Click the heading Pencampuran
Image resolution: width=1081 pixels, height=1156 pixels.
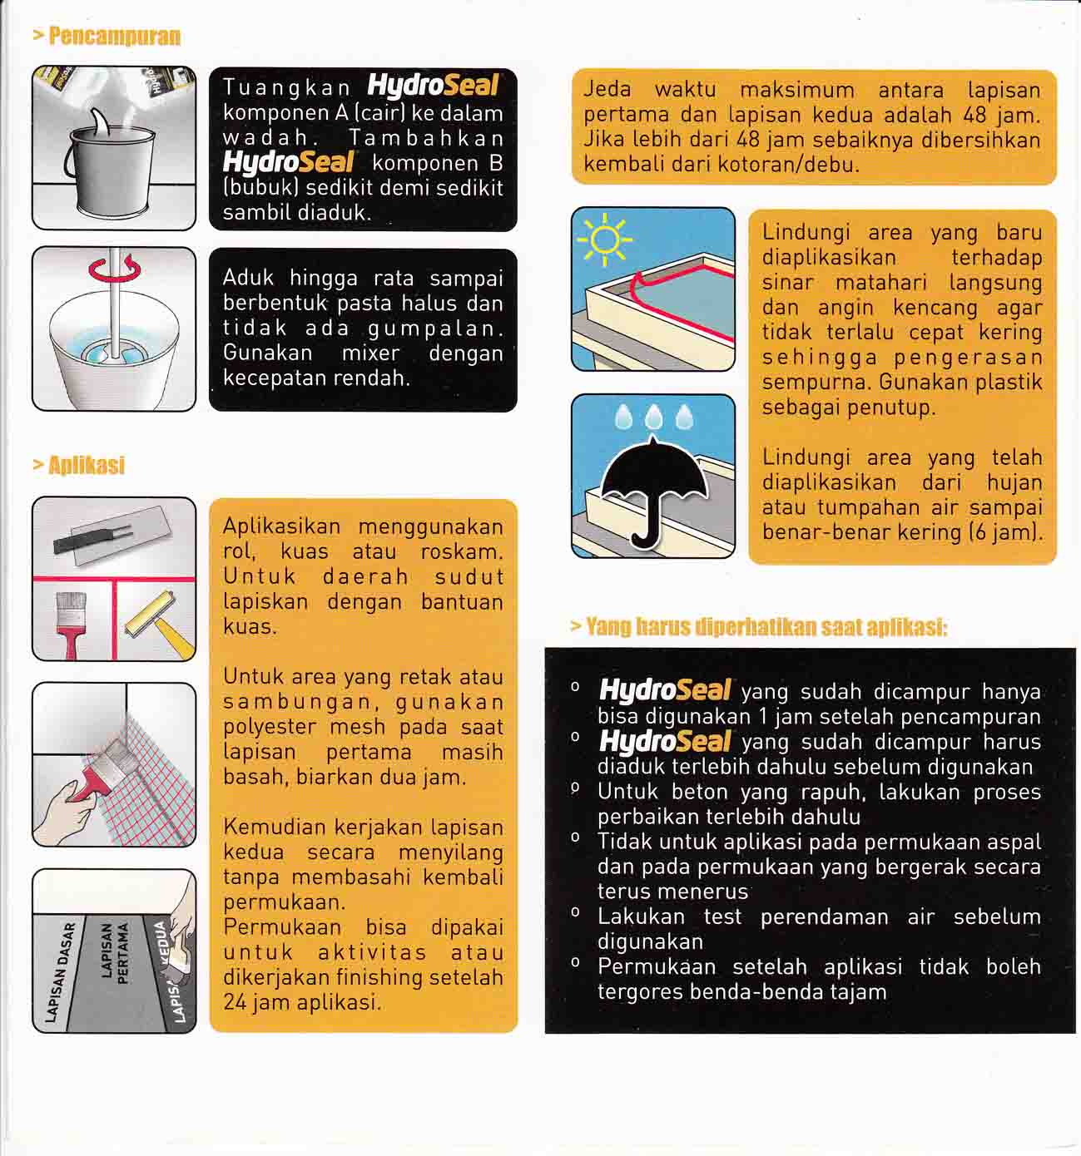tap(107, 36)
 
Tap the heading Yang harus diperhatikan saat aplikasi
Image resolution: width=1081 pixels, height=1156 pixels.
tap(759, 627)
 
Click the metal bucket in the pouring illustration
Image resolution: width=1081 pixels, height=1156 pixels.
tap(109, 170)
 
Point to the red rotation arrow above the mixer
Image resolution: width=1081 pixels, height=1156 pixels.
tap(114, 270)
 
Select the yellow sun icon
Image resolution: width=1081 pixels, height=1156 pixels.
tap(604, 240)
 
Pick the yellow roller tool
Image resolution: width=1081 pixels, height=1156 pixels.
tap(156, 620)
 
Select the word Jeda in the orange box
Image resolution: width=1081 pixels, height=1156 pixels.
tap(607, 90)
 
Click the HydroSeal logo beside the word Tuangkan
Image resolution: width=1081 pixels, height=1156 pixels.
tap(432, 86)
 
